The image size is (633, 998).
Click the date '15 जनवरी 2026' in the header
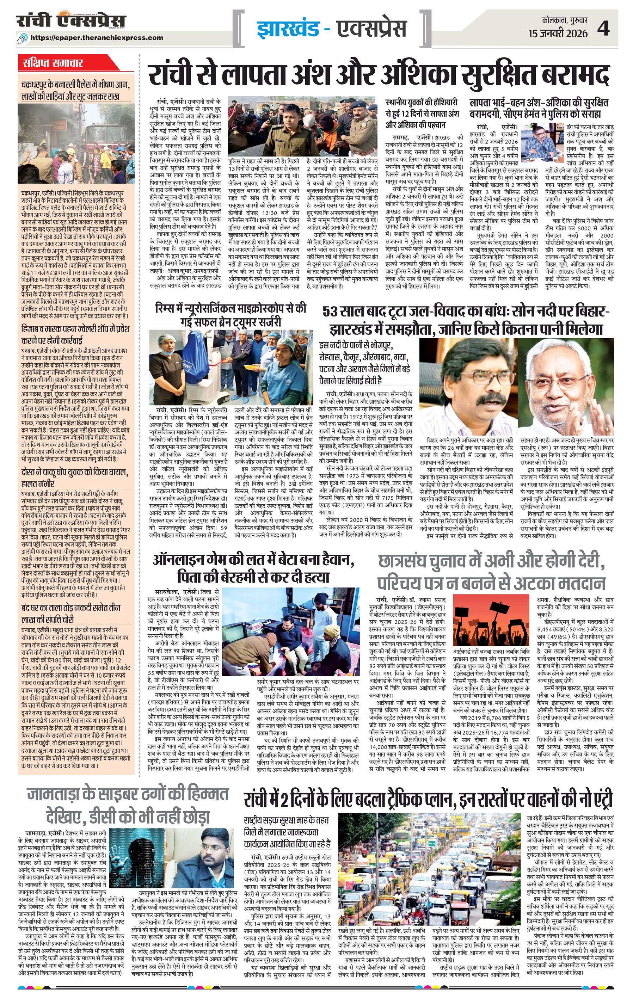[558, 33]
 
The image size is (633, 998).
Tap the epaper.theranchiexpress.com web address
[97, 37]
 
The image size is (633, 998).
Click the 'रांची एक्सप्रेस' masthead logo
[71, 21]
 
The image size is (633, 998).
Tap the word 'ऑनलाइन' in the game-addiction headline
[183, 562]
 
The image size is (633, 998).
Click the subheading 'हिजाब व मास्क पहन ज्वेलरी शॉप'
[75, 335]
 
